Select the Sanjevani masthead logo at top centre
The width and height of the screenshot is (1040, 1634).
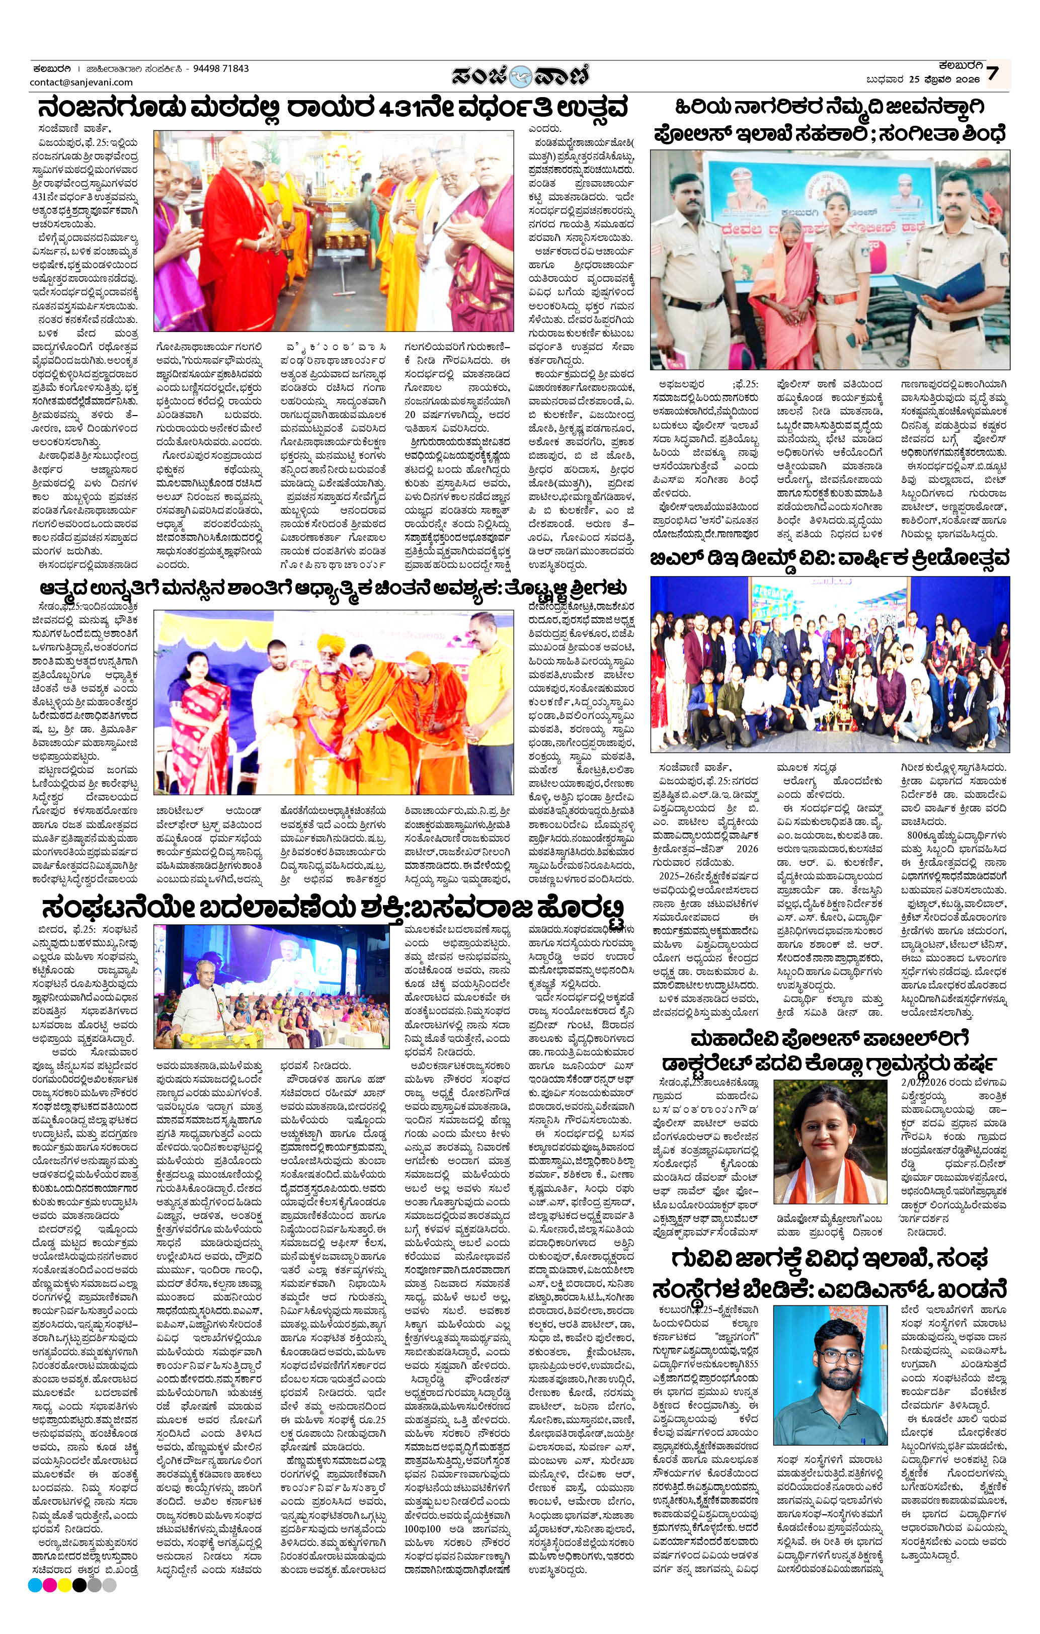click(x=521, y=74)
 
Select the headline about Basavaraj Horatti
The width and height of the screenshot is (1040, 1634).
click(x=333, y=907)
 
